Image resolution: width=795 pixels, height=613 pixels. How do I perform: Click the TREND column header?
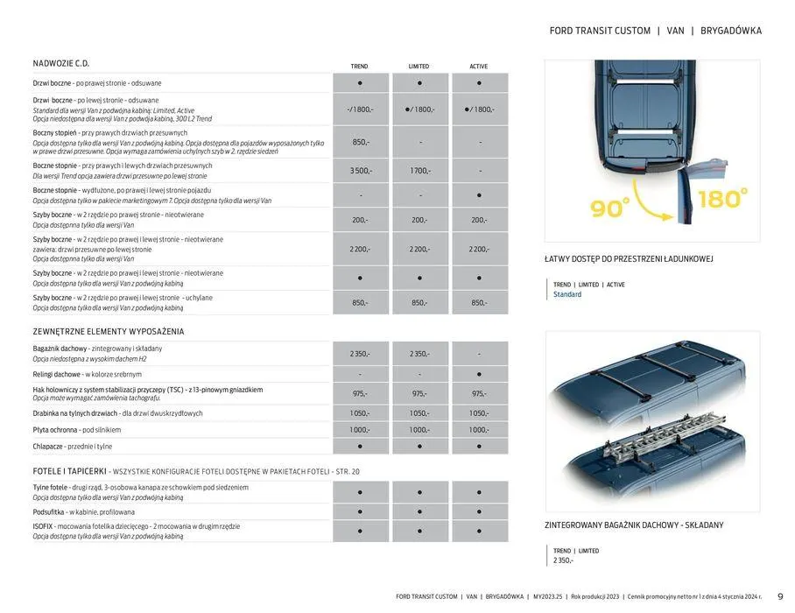[359, 67]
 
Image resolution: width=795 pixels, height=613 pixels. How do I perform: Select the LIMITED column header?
[419, 67]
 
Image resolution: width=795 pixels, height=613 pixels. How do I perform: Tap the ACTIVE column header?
[479, 67]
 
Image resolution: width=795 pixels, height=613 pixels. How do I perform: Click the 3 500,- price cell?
[360, 171]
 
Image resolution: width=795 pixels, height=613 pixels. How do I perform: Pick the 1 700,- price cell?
[419, 171]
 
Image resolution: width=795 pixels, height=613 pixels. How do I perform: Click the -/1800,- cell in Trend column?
[360, 109]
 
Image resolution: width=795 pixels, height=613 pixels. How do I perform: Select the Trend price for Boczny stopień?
[360, 142]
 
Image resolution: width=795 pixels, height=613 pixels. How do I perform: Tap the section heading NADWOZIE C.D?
[61, 64]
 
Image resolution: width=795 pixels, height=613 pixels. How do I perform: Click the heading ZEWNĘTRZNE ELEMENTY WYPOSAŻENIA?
[109, 332]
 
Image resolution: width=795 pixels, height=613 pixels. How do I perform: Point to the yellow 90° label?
[610, 207]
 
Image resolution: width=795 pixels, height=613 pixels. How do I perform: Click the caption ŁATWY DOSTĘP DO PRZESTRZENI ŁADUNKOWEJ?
[630, 259]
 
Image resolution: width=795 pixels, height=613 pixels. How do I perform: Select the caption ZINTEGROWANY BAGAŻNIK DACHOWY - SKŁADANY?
[634, 525]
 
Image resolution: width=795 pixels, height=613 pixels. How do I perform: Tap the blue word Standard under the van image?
[567, 294]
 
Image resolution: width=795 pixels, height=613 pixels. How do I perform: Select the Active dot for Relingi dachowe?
[479, 374]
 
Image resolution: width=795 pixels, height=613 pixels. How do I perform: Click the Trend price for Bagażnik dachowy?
[360, 354]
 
